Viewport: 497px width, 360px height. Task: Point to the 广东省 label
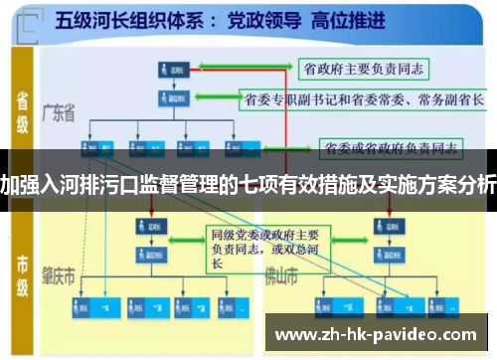tap(61, 114)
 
